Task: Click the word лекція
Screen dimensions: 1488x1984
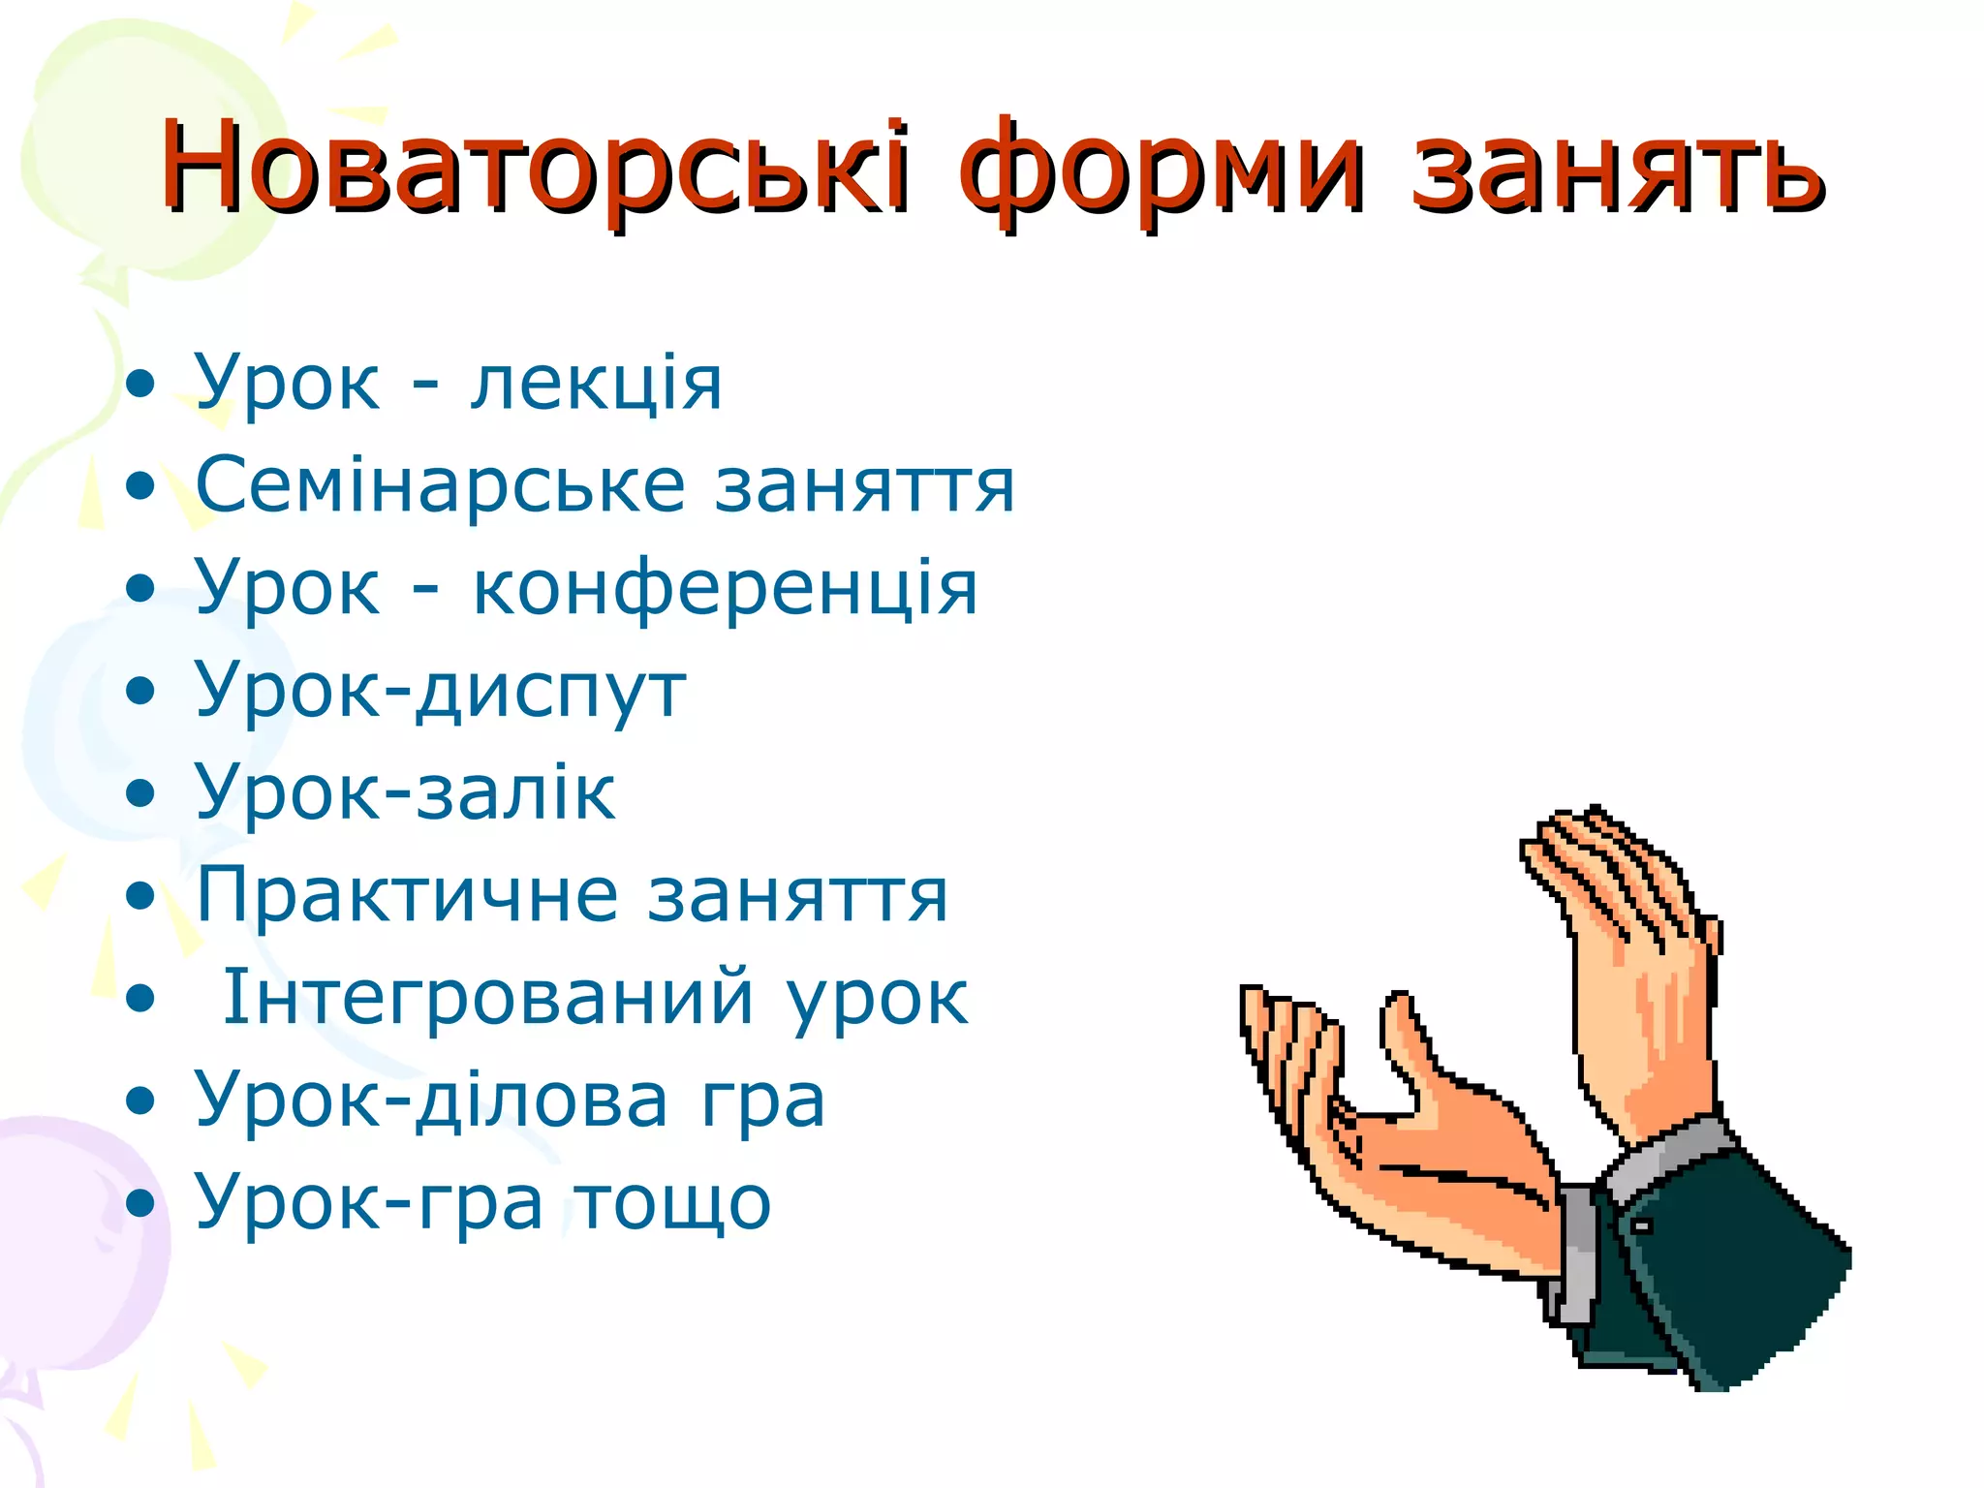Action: [596, 383]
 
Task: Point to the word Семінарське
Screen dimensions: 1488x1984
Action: [440, 484]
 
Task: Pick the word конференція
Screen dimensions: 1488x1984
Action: [725, 589]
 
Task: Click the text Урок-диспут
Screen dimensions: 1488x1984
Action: [441, 691]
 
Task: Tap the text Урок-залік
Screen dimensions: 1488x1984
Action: [405, 792]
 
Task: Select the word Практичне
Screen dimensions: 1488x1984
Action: [407, 896]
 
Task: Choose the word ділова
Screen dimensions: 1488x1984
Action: [542, 1100]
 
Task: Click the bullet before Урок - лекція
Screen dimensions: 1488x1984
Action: [141, 385]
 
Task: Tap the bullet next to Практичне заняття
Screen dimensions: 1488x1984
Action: [141, 897]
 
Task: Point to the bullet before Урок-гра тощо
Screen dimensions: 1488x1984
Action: [141, 1204]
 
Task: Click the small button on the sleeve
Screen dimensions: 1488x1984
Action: [1642, 1226]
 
